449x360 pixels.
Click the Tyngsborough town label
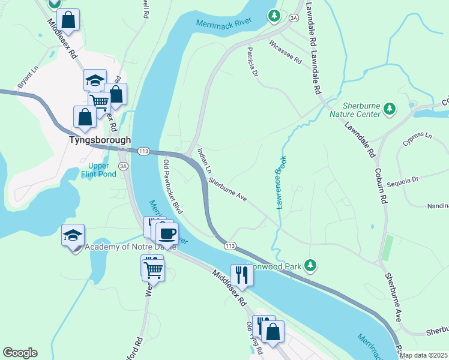[x=98, y=140]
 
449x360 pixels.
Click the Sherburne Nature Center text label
[x=362, y=109]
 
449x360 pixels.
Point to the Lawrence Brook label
[x=281, y=182]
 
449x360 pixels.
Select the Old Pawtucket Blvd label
[x=173, y=187]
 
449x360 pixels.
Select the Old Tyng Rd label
[x=252, y=336]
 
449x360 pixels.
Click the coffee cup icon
[x=166, y=232]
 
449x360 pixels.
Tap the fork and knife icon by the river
[x=242, y=275]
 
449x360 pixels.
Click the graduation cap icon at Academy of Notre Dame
[x=73, y=235]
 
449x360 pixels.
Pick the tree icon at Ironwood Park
[x=310, y=264]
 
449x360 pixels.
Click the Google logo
[x=20, y=353]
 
